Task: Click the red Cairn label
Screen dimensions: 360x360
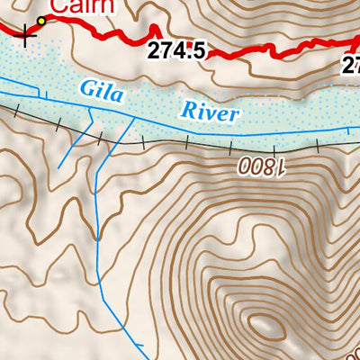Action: pyautogui.click(x=82, y=7)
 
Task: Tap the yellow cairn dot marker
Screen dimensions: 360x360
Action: pyautogui.click(x=41, y=20)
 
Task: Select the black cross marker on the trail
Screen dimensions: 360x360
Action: pyautogui.click(x=24, y=36)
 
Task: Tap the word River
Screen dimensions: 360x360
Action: pyautogui.click(x=211, y=111)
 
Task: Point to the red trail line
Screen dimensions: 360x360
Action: pyautogui.click(x=117, y=35)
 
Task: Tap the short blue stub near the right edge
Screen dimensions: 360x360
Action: pyautogui.click(x=349, y=135)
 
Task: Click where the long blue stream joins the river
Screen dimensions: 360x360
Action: pyautogui.click(x=135, y=116)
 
